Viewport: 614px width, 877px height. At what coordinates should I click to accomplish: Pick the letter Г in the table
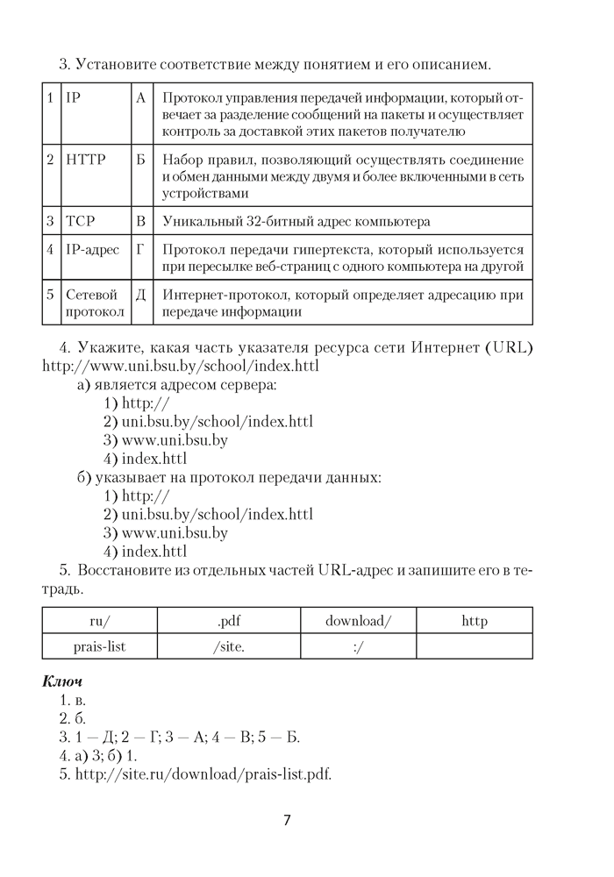140,250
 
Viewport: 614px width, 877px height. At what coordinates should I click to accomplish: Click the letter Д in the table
140,296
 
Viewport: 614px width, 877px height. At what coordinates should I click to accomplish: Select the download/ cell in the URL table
358,621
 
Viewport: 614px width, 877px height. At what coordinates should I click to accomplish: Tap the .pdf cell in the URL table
229,621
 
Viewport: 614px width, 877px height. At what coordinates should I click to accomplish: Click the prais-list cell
101,646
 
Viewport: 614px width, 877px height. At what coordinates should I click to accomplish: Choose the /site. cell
229,646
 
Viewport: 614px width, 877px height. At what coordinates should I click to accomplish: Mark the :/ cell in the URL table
358,646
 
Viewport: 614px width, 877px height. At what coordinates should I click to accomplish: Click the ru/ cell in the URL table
101,621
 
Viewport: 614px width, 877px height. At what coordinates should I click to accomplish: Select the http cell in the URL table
474,621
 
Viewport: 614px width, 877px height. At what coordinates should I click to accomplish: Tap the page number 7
287,820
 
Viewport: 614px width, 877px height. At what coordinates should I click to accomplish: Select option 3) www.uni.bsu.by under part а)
166,439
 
